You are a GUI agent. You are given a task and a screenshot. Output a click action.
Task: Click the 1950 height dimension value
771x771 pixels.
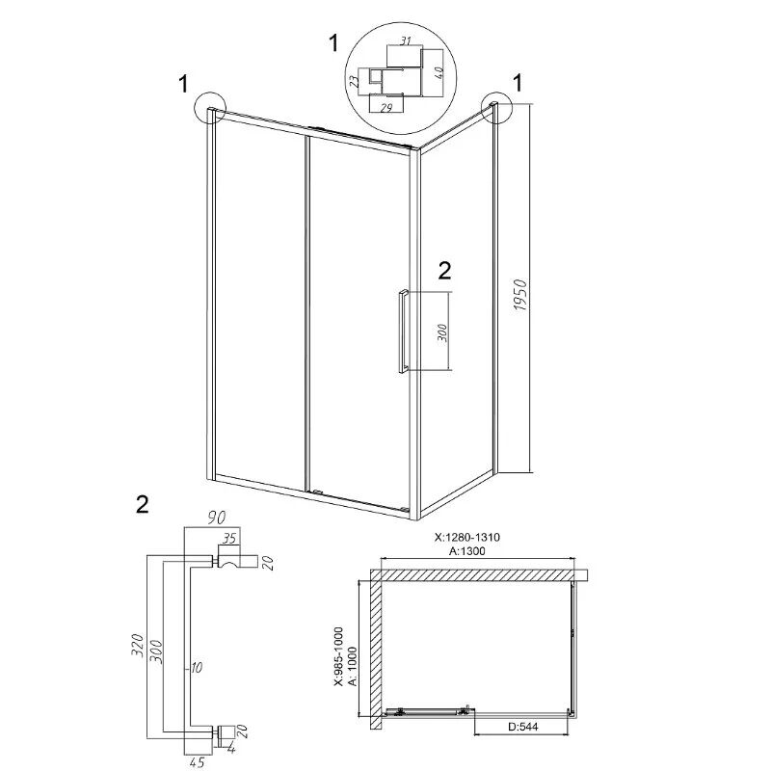520,295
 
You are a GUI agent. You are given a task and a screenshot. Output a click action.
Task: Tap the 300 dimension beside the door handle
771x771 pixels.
442,332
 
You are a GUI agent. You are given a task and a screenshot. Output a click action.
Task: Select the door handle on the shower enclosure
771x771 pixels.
403,332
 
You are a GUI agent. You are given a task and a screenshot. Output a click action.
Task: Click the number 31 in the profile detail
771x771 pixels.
405,40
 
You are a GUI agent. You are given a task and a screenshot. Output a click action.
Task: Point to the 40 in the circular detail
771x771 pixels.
439,73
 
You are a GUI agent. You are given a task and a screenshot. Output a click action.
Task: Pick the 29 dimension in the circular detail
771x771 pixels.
386,108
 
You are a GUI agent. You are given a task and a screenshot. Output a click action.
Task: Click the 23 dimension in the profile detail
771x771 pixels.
354,82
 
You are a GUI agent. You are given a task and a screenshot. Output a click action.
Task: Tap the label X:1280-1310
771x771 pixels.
467,537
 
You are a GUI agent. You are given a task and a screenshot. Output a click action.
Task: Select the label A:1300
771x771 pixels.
467,551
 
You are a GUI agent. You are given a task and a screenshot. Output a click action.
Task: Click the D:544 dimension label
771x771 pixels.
521,727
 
